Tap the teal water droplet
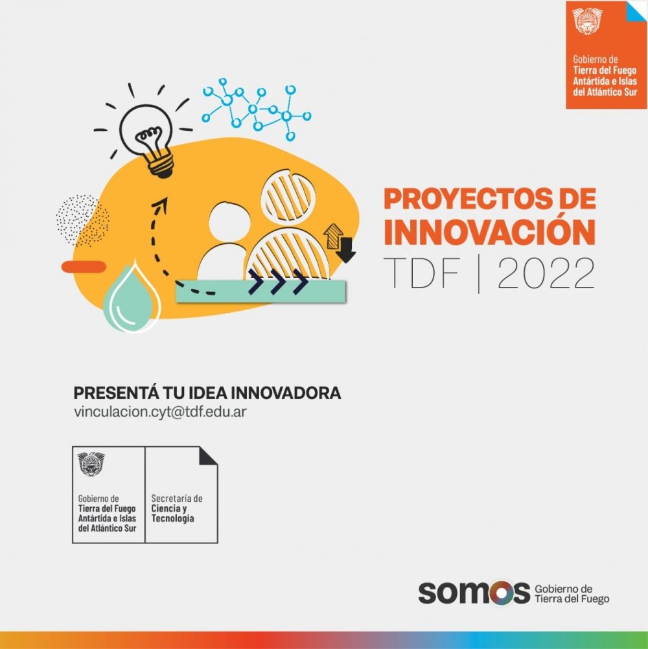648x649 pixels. coord(132,299)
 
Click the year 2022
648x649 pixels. coord(546,273)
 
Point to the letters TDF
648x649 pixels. coord(421,273)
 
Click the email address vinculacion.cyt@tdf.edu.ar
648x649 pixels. coord(160,412)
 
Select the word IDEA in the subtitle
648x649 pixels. coord(203,393)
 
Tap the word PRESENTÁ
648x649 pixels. coord(115,393)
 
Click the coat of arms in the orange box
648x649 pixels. coord(587,21)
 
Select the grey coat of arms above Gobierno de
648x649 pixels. coord(91,464)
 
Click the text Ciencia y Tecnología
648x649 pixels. coord(172,513)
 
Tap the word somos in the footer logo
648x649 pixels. coord(474,593)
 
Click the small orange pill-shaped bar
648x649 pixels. coord(84,267)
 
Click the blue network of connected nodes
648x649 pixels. coord(256,109)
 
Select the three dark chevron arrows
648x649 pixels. coord(278,282)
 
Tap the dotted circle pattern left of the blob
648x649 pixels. coord(83,220)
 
